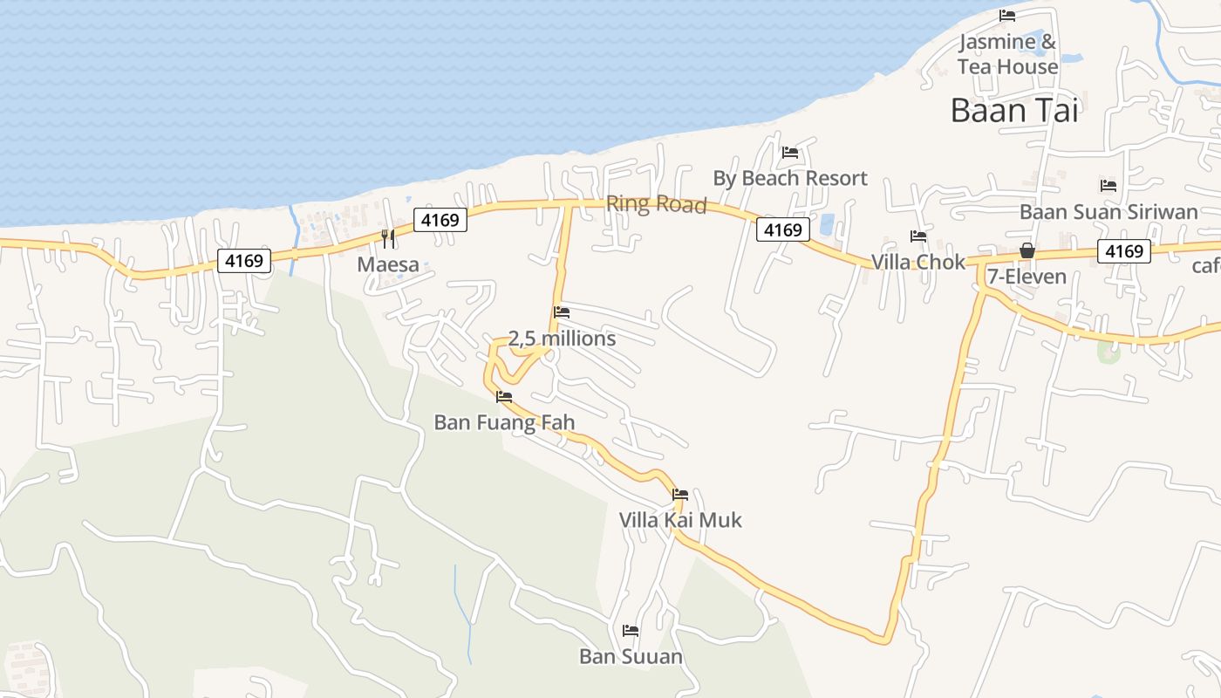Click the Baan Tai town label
click(x=1014, y=111)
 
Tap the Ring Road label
click(x=656, y=204)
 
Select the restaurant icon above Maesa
click(x=388, y=238)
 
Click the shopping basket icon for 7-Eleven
click(x=1027, y=251)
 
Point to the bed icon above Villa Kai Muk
click(x=680, y=495)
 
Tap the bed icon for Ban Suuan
click(x=631, y=630)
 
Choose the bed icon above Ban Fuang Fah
click(x=504, y=397)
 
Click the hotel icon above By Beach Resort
click(x=790, y=152)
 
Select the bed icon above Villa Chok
click(x=918, y=236)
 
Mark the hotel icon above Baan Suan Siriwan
click(x=1108, y=186)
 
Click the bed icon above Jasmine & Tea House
click(x=1007, y=16)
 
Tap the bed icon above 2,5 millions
click(x=562, y=311)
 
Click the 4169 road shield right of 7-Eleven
click(x=1124, y=251)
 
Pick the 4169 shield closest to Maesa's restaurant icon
click(x=440, y=220)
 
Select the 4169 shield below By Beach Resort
click(x=782, y=229)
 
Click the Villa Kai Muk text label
click(x=680, y=520)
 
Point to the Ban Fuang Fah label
click(x=504, y=423)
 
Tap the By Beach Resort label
click(x=790, y=178)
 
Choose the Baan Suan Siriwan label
click(x=1108, y=212)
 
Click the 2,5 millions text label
click(x=562, y=339)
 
